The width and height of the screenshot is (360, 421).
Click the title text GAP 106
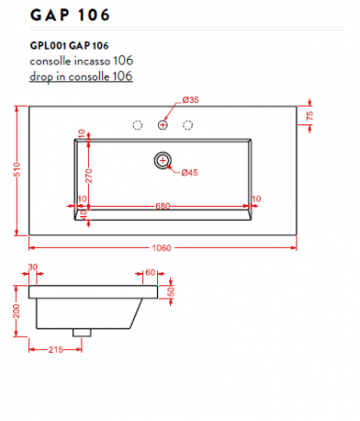[x=69, y=16]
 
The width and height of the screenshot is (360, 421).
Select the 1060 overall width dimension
[x=162, y=248]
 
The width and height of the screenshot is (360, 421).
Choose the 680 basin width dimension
[x=163, y=206]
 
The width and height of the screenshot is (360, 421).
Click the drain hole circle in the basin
[x=164, y=161]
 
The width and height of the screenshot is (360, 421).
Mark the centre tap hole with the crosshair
[x=164, y=124]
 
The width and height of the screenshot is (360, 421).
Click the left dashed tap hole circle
[x=137, y=124]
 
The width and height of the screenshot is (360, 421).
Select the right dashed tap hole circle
[x=190, y=124]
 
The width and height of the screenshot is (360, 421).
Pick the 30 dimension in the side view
[x=34, y=268]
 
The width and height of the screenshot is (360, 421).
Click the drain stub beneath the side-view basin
[x=82, y=330]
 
